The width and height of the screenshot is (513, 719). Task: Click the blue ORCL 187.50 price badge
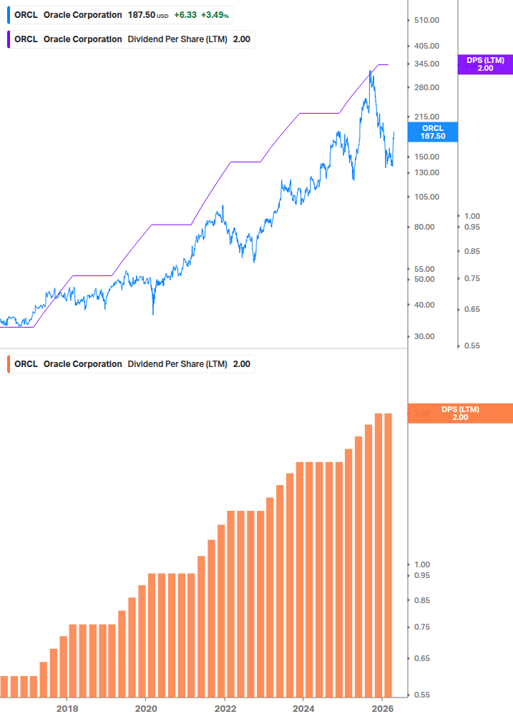click(433, 132)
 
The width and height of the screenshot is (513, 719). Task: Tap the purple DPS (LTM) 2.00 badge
click(485, 64)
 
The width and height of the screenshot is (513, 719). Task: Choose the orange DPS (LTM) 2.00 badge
click(460, 414)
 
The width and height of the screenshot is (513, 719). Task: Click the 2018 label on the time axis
click(67, 708)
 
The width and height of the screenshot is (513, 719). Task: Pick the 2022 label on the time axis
click(225, 708)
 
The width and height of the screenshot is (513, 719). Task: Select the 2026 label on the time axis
click(382, 708)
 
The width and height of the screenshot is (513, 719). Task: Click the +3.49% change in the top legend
click(215, 14)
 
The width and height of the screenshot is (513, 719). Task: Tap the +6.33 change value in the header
click(185, 14)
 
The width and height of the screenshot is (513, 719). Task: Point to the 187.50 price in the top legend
click(140, 14)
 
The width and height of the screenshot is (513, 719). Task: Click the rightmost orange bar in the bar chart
click(389, 554)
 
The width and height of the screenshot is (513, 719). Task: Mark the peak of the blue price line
click(370, 71)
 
